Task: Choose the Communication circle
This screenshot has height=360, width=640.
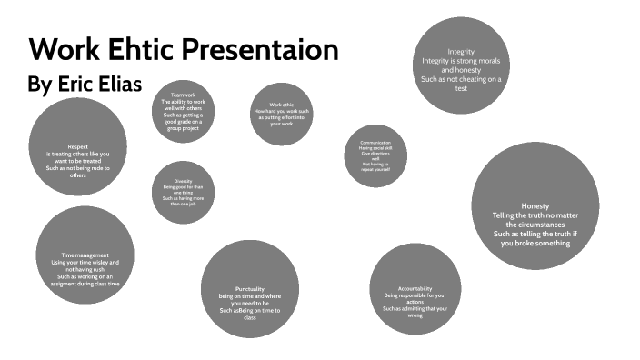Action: [x=375, y=155]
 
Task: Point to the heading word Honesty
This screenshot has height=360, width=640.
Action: [x=535, y=205]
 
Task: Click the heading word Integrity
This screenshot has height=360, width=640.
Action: [x=462, y=51]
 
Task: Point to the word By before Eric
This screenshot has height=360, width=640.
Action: [x=39, y=85]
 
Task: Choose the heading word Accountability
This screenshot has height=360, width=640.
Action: [x=415, y=287]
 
